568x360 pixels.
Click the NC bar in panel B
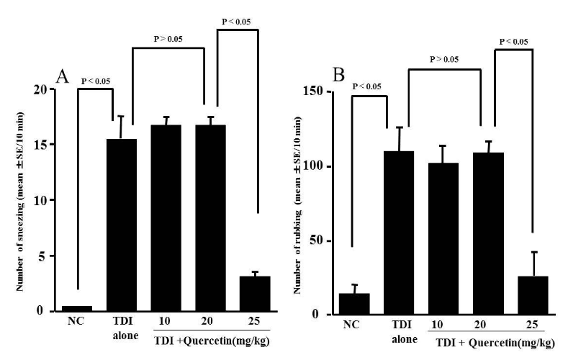353,303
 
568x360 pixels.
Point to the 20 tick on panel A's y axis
40,90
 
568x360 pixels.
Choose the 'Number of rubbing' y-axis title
295,205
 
